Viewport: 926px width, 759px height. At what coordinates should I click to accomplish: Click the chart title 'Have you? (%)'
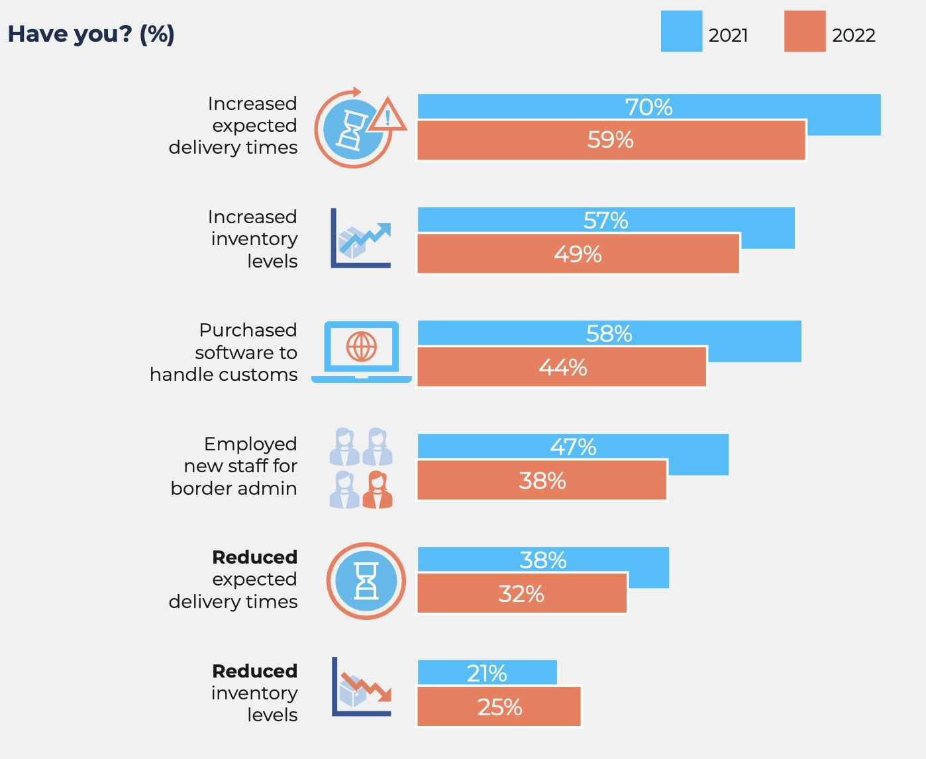[x=91, y=34]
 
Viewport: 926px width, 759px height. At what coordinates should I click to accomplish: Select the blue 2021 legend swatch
[x=681, y=31]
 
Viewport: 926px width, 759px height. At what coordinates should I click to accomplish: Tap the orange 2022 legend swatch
[x=804, y=31]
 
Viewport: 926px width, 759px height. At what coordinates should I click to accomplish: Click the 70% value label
[x=648, y=107]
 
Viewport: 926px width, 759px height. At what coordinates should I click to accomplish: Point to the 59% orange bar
[x=611, y=140]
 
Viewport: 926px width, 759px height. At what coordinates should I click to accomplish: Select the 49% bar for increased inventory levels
[x=578, y=254]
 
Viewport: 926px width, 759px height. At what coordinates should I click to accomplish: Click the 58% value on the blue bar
[x=609, y=333]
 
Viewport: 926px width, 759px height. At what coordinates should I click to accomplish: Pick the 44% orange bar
[x=562, y=367]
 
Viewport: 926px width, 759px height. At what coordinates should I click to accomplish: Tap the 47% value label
[x=573, y=447]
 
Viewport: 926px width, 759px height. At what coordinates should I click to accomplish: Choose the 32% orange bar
[x=522, y=593]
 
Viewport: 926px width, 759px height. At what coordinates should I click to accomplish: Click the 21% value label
[x=487, y=673]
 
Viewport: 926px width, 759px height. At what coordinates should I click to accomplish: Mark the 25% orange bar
[x=499, y=707]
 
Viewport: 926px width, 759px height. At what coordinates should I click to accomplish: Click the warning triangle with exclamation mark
[x=387, y=117]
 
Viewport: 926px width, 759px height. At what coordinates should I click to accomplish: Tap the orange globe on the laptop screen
[x=362, y=346]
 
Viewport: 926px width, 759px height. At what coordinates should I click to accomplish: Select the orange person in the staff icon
[x=378, y=490]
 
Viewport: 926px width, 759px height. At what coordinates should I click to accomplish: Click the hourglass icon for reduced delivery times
[x=366, y=581]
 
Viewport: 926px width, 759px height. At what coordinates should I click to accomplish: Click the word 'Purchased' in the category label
[x=248, y=330]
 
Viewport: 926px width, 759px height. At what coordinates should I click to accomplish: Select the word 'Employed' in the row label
[x=250, y=444]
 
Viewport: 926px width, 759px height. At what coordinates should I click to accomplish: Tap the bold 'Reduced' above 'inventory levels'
[x=254, y=671]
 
